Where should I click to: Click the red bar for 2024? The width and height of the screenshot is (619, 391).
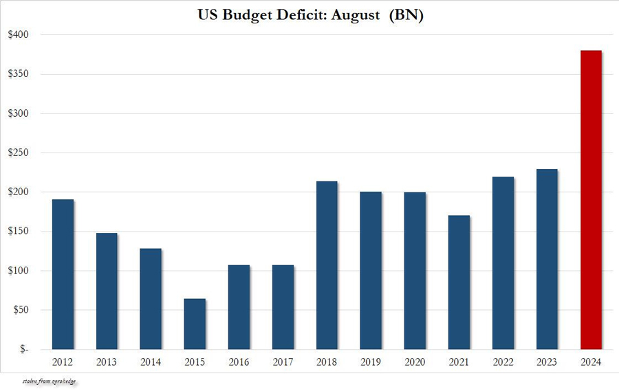click(591, 199)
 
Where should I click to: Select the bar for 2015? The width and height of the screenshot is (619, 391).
click(195, 324)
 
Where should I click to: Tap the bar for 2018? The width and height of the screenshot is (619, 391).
click(327, 265)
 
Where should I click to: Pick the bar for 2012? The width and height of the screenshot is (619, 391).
click(63, 274)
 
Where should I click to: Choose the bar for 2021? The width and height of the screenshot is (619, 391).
click(459, 282)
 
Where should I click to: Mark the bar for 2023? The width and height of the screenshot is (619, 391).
click(547, 259)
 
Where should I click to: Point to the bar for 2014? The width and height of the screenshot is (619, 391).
click(151, 299)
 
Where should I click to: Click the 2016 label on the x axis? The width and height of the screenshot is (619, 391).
click(239, 362)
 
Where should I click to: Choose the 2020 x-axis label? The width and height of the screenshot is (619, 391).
click(415, 362)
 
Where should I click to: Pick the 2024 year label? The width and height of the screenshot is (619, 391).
click(591, 362)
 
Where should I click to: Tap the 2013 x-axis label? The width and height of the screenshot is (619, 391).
click(107, 362)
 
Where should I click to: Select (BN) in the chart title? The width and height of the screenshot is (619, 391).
click(406, 15)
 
